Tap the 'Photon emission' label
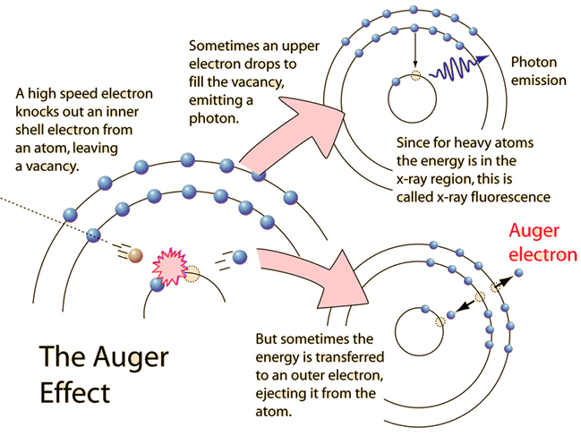539,71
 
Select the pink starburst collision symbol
169,266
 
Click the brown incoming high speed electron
135,256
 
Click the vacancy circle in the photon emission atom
413,80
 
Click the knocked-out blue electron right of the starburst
239,256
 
